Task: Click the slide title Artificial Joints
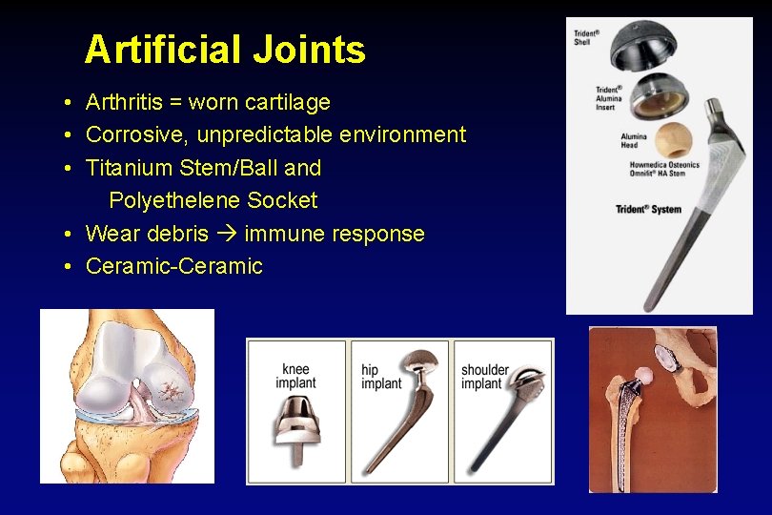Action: pos(225,50)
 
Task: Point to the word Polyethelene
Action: pos(174,201)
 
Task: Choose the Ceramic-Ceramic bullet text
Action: pos(173,267)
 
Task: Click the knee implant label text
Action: pos(295,377)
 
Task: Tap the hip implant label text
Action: pos(381,377)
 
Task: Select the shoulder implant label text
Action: pos(485,377)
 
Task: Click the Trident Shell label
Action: pos(586,38)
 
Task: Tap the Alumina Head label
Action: pos(634,140)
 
